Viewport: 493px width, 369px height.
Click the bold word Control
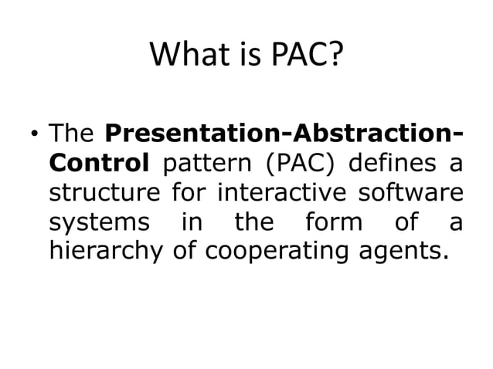97,164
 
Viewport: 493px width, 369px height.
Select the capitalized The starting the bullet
71,134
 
